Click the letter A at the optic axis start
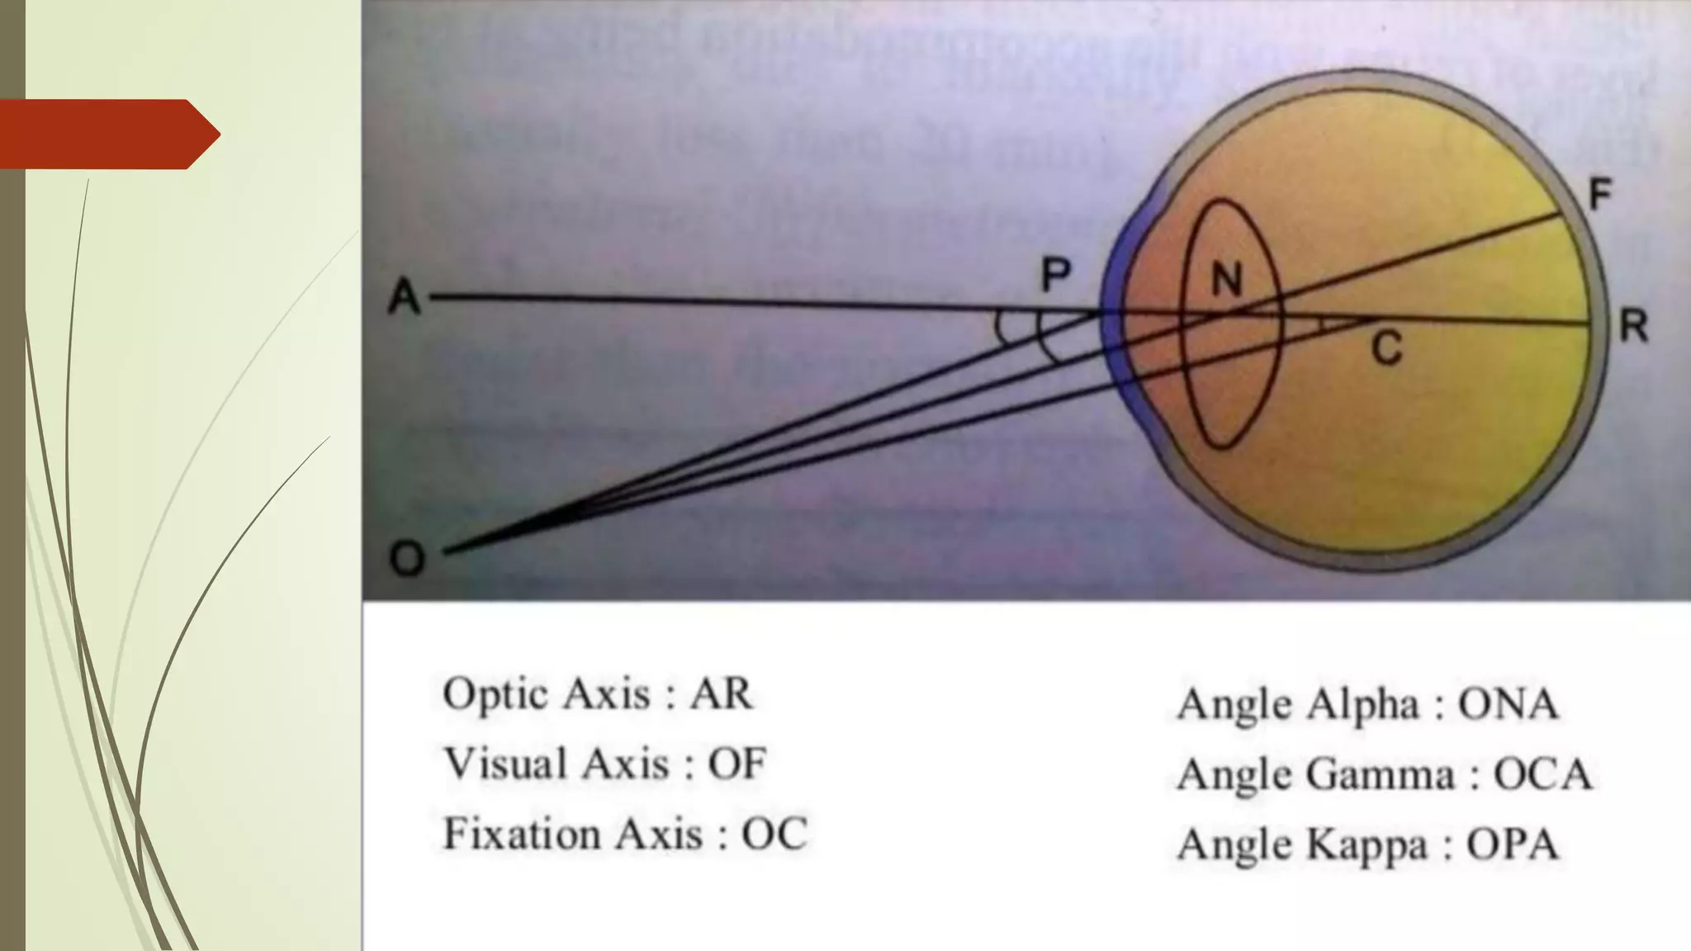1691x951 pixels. (x=405, y=296)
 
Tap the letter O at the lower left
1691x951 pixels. (x=407, y=559)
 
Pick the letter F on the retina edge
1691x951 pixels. (x=1600, y=195)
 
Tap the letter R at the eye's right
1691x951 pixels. (x=1633, y=327)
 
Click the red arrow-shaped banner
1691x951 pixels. (x=110, y=134)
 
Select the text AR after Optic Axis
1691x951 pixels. (x=721, y=693)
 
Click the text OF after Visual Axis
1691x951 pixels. (x=737, y=764)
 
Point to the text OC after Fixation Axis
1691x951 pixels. (x=774, y=834)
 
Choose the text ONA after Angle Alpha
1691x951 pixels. (x=1508, y=704)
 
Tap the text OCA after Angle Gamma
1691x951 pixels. (x=1542, y=774)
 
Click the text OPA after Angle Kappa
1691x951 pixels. (x=1512, y=845)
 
